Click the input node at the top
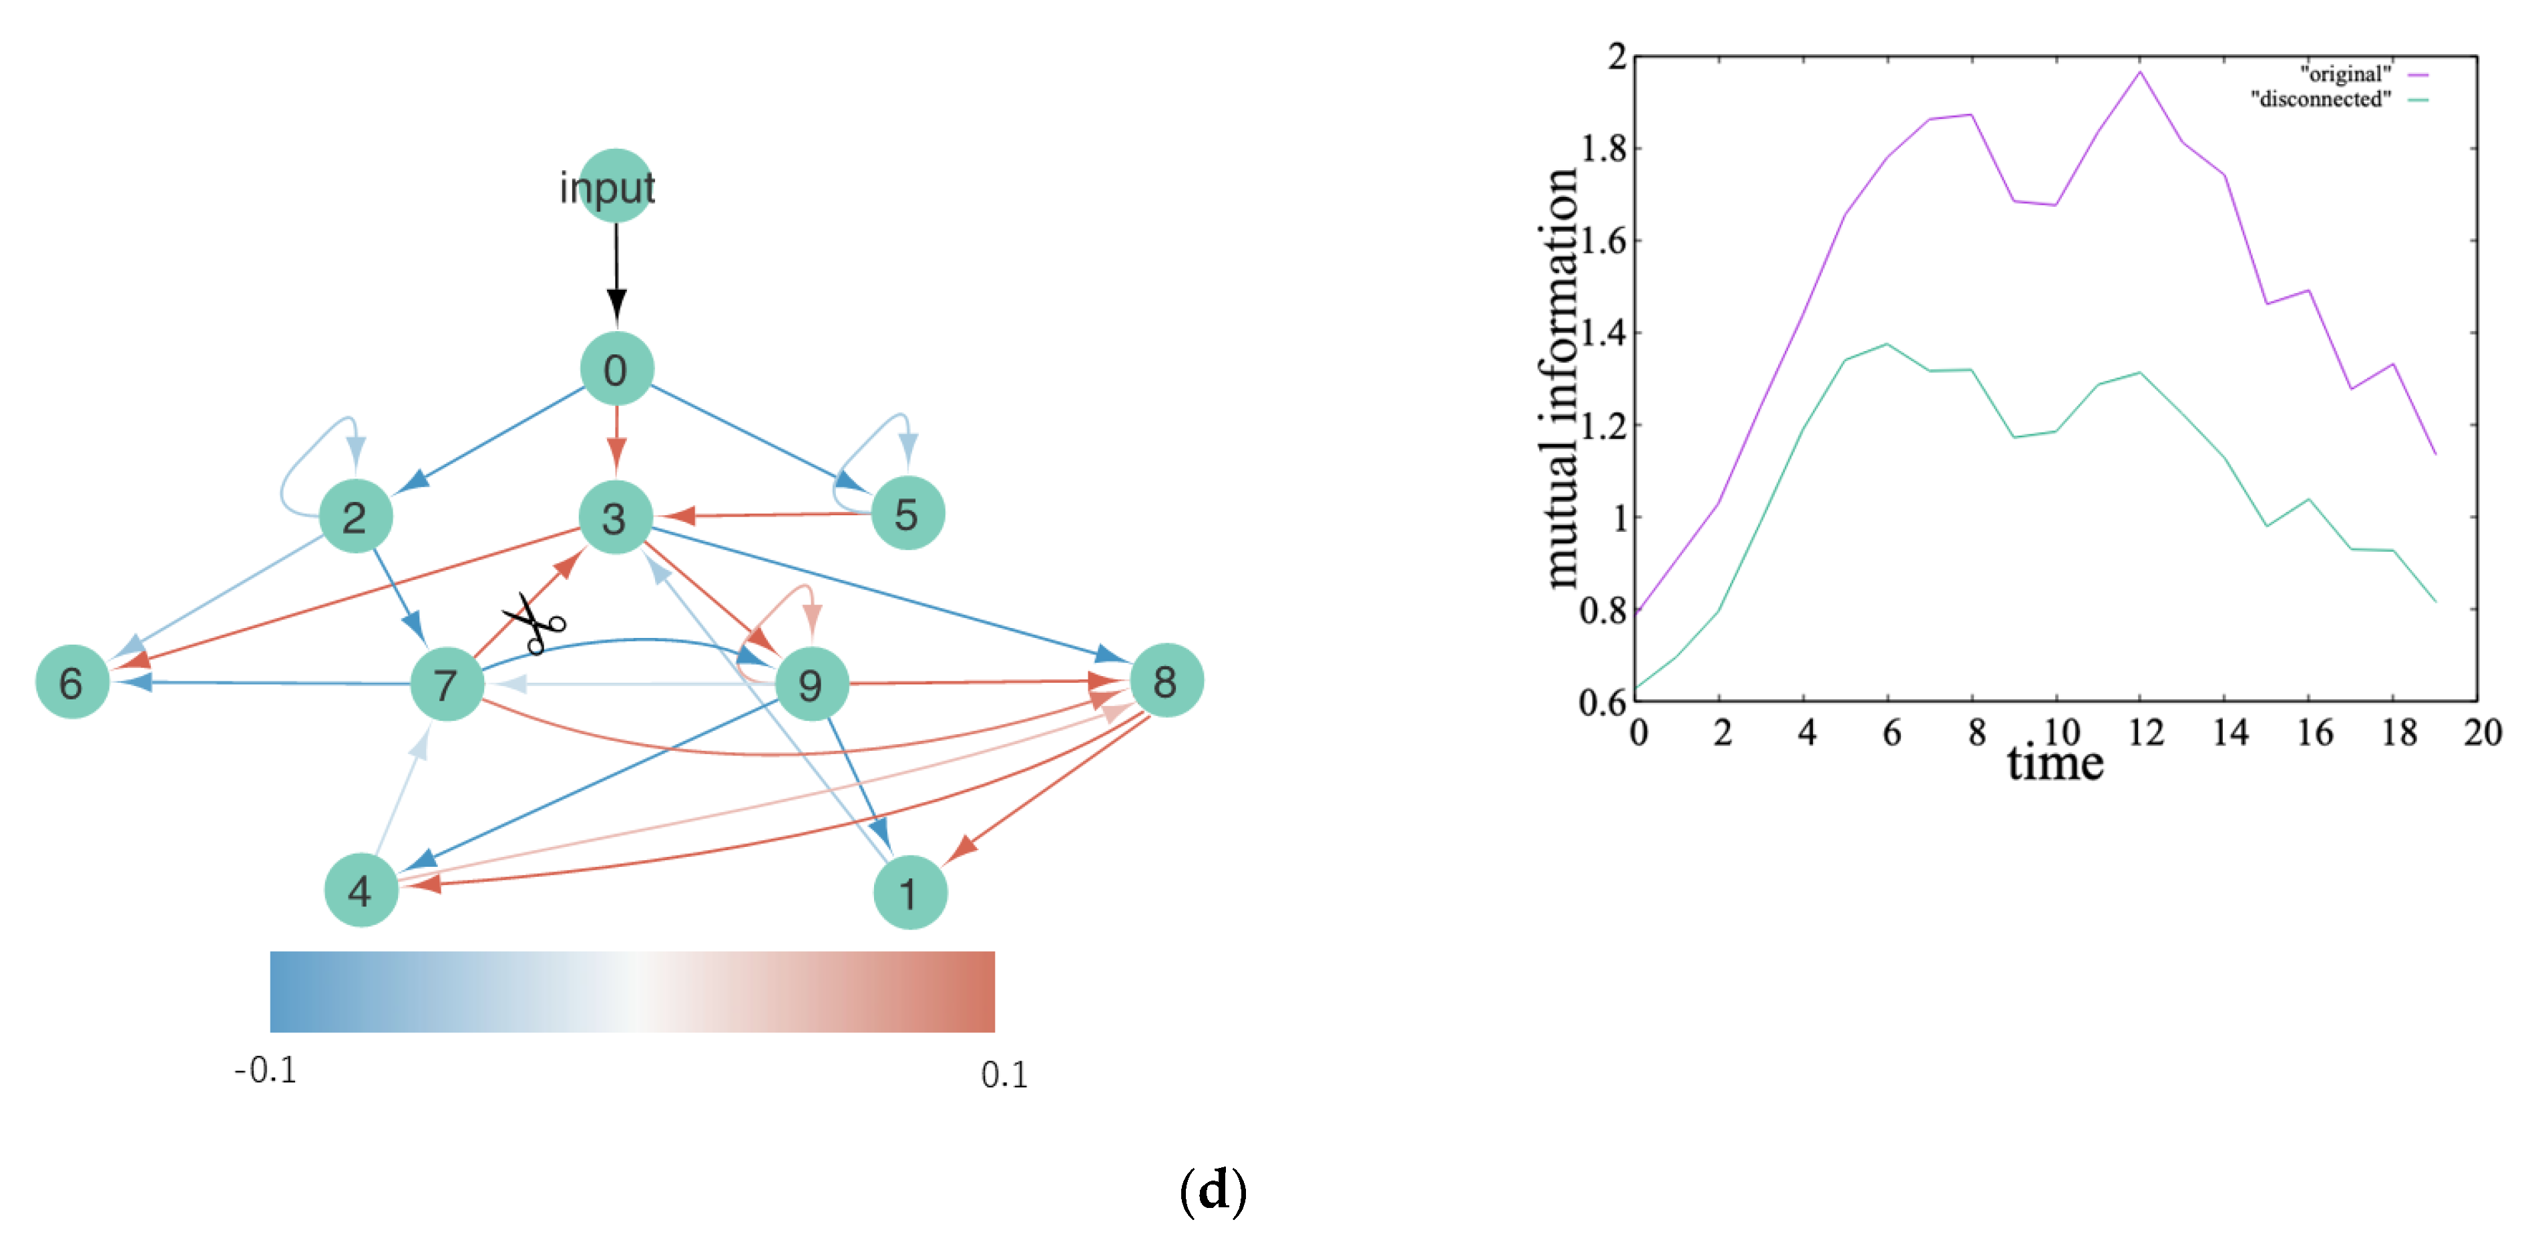pos(615,186)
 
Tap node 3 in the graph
pos(615,517)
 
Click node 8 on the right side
pos(1165,680)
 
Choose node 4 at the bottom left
pos(361,890)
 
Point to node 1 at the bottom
pos(909,892)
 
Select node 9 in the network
pos(811,684)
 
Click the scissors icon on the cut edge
pos(534,623)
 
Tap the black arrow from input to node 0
pos(616,266)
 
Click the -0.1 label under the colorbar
pos(265,1070)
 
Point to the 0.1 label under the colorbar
pos(1004,1074)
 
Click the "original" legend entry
pos(2347,74)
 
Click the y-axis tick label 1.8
pos(1605,148)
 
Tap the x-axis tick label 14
pos(2230,733)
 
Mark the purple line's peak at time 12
pos(2139,72)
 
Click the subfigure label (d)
pos(1212,1190)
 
